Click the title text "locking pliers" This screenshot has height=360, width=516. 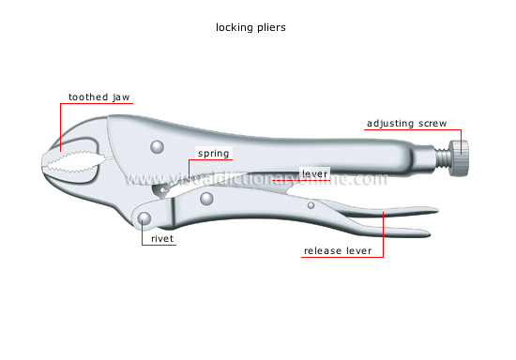click(257, 27)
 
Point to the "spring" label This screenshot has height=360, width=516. click(213, 153)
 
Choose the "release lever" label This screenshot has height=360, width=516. click(337, 251)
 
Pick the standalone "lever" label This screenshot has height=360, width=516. click(312, 173)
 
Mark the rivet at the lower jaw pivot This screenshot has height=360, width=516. click(144, 218)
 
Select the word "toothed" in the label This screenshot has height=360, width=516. click(83, 97)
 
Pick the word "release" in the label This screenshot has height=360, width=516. click(322, 251)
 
